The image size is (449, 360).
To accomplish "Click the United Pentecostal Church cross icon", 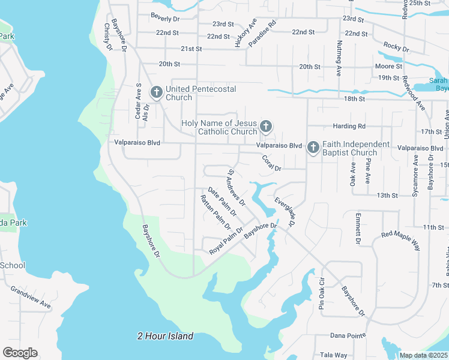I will point(156,92).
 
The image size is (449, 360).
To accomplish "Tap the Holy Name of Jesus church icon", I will point(266,127).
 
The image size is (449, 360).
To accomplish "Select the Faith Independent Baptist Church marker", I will point(313,148).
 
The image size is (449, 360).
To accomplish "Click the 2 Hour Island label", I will point(165,336).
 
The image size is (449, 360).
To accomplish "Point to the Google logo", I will point(20,352).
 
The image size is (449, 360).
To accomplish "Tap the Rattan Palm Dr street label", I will point(215,212).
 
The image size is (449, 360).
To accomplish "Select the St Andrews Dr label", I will point(236,188).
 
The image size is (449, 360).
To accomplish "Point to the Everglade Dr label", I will point(285,211).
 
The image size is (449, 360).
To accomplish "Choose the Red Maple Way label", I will point(400,239).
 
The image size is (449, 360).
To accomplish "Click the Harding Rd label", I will point(348,127).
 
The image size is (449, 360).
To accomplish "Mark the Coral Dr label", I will point(271,163).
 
